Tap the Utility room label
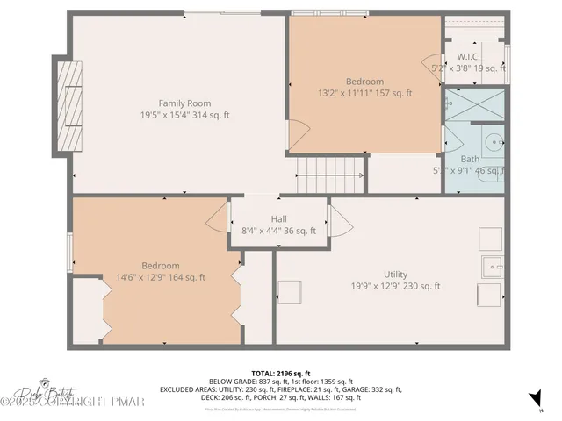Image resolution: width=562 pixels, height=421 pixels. coord(395,275)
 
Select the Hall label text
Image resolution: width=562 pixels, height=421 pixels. coord(278,219)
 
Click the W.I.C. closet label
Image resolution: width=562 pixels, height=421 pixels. coord(468,56)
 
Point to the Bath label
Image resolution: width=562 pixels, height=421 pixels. coord(470,159)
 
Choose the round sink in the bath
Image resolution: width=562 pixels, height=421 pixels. coord(494,140)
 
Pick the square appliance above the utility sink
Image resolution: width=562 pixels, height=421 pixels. coord(489,239)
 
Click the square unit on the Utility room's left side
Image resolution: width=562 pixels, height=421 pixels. coord(290,292)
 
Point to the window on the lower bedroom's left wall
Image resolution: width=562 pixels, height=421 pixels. coord(69,253)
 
